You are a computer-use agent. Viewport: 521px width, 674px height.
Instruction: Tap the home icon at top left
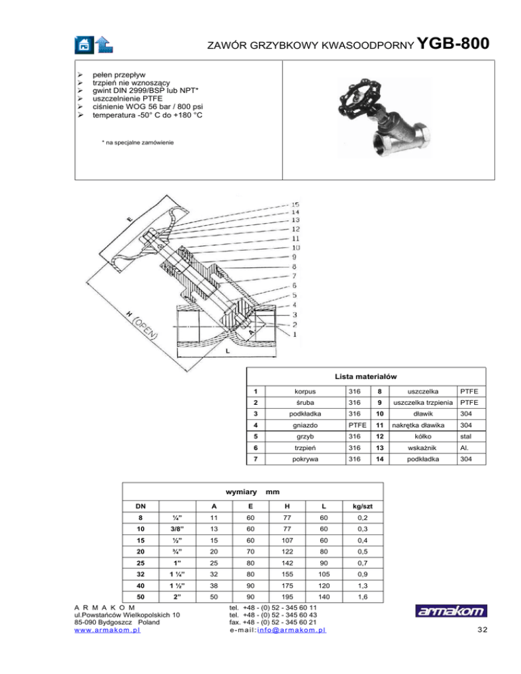pyautogui.click(x=83, y=44)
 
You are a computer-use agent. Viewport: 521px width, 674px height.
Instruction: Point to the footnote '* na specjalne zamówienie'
pyautogui.click(x=136, y=142)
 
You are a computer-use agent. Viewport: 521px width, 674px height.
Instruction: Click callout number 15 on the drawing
pyautogui.click(x=296, y=203)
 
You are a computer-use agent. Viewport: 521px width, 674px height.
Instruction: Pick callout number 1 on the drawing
pyautogui.click(x=294, y=334)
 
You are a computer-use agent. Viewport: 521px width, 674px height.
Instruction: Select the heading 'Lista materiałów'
pyautogui.click(x=366, y=376)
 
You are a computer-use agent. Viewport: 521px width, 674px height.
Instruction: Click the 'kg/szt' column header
pyautogui.click(x=363, y=505)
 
